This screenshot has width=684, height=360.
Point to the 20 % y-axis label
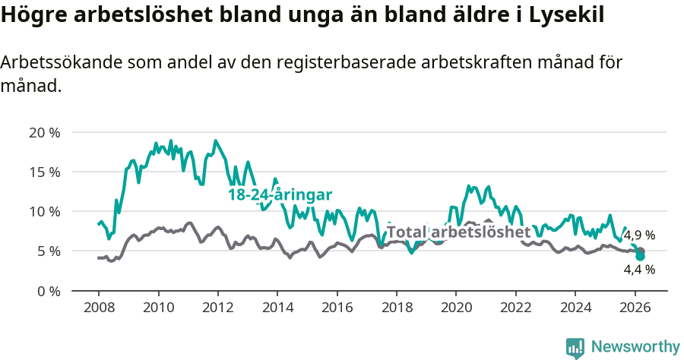pos(44,132)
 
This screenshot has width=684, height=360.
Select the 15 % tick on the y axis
pos(44,172)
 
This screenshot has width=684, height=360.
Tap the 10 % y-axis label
pos(44,211)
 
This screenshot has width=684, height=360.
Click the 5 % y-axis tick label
pos(48,251)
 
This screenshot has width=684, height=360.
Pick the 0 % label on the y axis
pos(48,290)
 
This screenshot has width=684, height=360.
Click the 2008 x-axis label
pos(99,308)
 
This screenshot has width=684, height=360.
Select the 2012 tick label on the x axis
pos(217,308)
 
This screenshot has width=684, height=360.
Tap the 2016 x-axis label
pos(337,308)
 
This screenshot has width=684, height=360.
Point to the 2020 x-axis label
pos(456,308)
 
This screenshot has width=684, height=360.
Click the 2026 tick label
pos(635,308)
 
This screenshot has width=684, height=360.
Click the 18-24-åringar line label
pos(280,195)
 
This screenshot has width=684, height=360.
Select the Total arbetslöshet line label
pos(458,232)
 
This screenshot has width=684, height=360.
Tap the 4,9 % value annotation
pos(639,235)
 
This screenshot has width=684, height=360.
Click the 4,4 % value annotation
pos(639,269)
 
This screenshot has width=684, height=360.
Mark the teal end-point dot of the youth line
pos(640,256)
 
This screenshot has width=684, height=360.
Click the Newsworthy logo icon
pos(575,347)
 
